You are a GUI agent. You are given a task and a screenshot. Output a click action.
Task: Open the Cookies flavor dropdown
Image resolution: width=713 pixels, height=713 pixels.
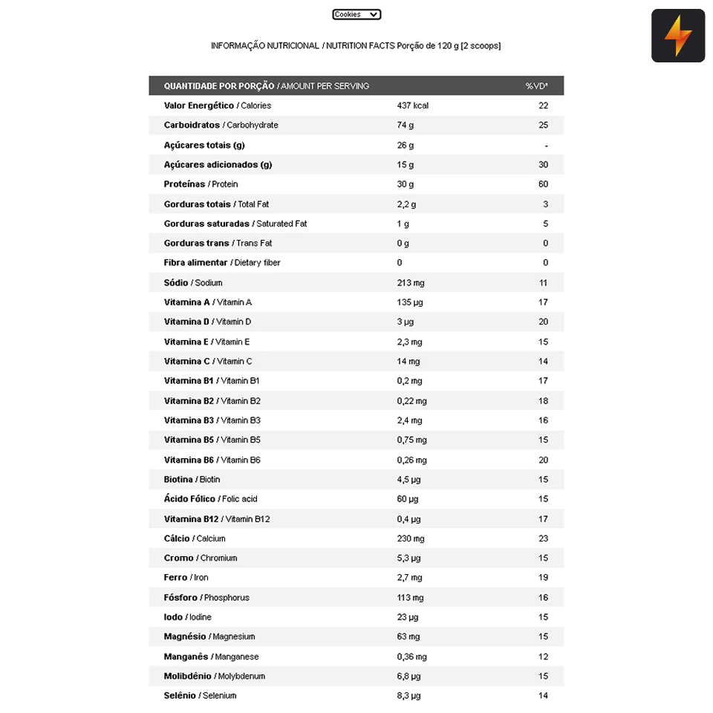[356, 14]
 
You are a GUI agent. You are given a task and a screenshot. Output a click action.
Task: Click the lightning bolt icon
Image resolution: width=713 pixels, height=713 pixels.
[677, 36]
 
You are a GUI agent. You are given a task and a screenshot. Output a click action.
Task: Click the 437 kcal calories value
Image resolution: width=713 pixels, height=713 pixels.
[412, 105]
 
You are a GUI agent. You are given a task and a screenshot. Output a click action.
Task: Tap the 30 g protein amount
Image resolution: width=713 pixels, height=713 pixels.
[405, 184]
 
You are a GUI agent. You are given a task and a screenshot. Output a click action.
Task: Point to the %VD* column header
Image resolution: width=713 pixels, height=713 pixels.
[536, 86]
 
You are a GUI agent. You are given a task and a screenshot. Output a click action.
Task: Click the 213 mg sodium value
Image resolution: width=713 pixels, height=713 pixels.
[410, 282]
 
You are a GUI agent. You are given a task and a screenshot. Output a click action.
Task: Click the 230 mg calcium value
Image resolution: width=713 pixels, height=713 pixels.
[411, 538]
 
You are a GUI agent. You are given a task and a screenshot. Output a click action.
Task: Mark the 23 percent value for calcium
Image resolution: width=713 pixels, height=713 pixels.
[543, 538]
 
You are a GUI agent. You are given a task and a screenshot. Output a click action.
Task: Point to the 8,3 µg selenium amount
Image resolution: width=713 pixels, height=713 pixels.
[408, 695]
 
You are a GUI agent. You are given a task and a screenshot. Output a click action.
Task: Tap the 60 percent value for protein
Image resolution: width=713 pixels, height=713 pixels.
[543, 184]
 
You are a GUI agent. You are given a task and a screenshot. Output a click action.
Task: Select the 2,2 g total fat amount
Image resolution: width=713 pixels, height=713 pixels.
[406, 204]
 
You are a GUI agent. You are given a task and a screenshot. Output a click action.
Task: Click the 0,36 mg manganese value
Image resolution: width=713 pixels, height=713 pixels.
[411, 657]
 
